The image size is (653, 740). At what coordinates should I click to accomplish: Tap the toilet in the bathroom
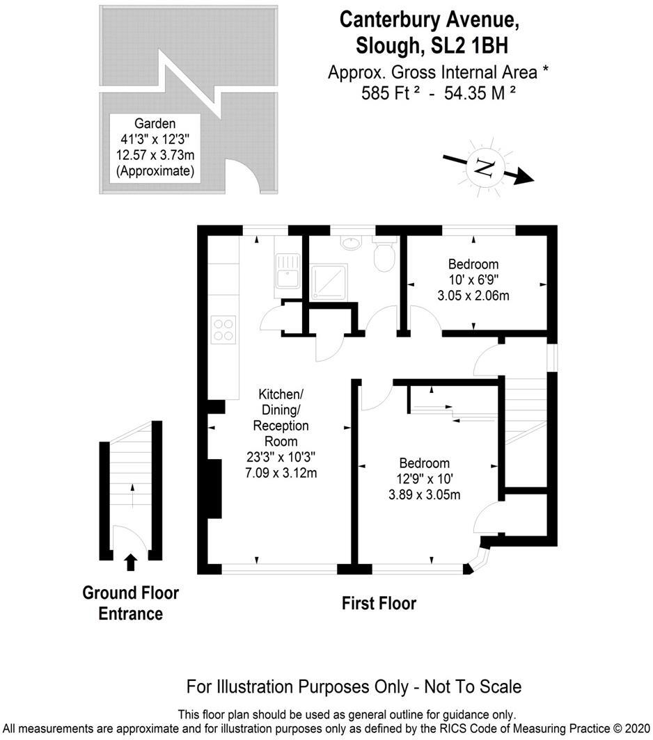click(385, 255)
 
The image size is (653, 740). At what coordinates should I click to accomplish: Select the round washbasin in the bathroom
click(352, 243)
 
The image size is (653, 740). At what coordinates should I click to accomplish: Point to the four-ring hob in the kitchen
click(224, 328)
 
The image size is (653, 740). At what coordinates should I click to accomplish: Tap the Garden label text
click(155, 123)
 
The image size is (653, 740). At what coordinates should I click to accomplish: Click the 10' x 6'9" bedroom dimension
click(473, 280)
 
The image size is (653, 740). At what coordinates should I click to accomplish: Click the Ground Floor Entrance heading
click(130, 603)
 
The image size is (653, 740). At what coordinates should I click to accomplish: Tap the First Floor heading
click(379, 603)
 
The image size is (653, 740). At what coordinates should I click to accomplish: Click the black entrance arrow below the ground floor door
click(130, 561)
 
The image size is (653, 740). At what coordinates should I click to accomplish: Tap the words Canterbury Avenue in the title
click(430, 19)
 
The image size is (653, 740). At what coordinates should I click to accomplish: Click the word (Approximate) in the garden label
click(155, 170)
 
